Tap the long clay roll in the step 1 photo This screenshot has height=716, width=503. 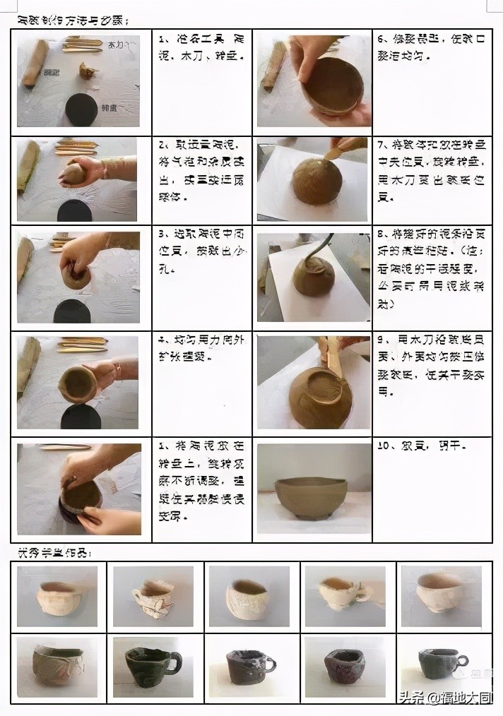click(x=35, y=64)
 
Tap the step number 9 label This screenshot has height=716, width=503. click(x=381, y=340)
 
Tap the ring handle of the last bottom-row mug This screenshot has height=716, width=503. click(x=462, y=661)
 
